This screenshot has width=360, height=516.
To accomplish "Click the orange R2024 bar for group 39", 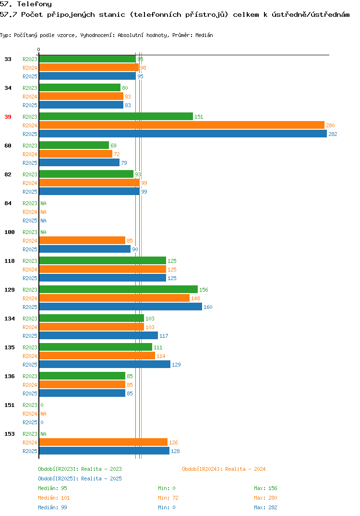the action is tap(182, 125).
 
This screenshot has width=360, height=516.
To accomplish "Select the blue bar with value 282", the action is tap(183, 134).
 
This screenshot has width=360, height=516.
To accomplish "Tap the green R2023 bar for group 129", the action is tap(119, 289).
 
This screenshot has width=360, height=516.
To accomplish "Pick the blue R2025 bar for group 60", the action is tap(79, 162).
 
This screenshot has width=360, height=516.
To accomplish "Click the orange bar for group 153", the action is tap(103, 442).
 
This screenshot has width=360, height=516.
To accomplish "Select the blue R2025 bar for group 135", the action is tap(105, 364).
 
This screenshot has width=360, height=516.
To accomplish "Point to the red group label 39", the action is tap(8, 117).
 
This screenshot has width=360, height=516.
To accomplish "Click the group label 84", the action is tap(8, 203).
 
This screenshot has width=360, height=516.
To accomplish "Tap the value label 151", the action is tap(199, 117).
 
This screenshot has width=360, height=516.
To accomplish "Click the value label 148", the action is tap(196, 298).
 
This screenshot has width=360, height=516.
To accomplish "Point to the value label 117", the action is tap(164, 336).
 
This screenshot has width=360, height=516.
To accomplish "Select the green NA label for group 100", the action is tap(43, 233).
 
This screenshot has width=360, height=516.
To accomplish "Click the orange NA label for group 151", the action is tap(43, 414).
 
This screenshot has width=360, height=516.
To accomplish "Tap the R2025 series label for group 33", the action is tap(30, 76).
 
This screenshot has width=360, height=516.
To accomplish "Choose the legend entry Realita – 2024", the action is tap(224, 469).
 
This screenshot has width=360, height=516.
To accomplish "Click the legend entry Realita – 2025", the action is tap(80, 479).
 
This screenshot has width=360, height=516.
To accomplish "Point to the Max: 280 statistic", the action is tap(265, 498).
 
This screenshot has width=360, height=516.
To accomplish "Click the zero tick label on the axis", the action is tap(38, 49).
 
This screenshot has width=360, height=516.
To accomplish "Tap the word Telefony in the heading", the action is tap(35, 4).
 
